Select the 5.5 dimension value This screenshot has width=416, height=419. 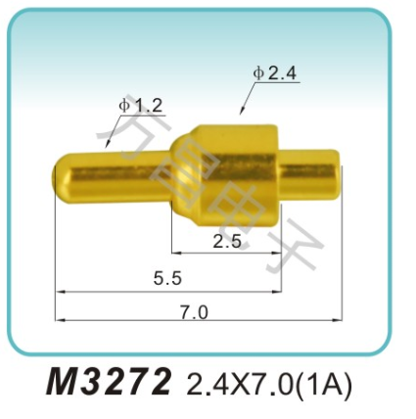point(167,278)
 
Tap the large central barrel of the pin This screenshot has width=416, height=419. point(235,166)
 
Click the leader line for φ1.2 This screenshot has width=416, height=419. point(110,135)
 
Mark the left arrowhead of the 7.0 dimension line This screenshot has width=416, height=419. point(59,319)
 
